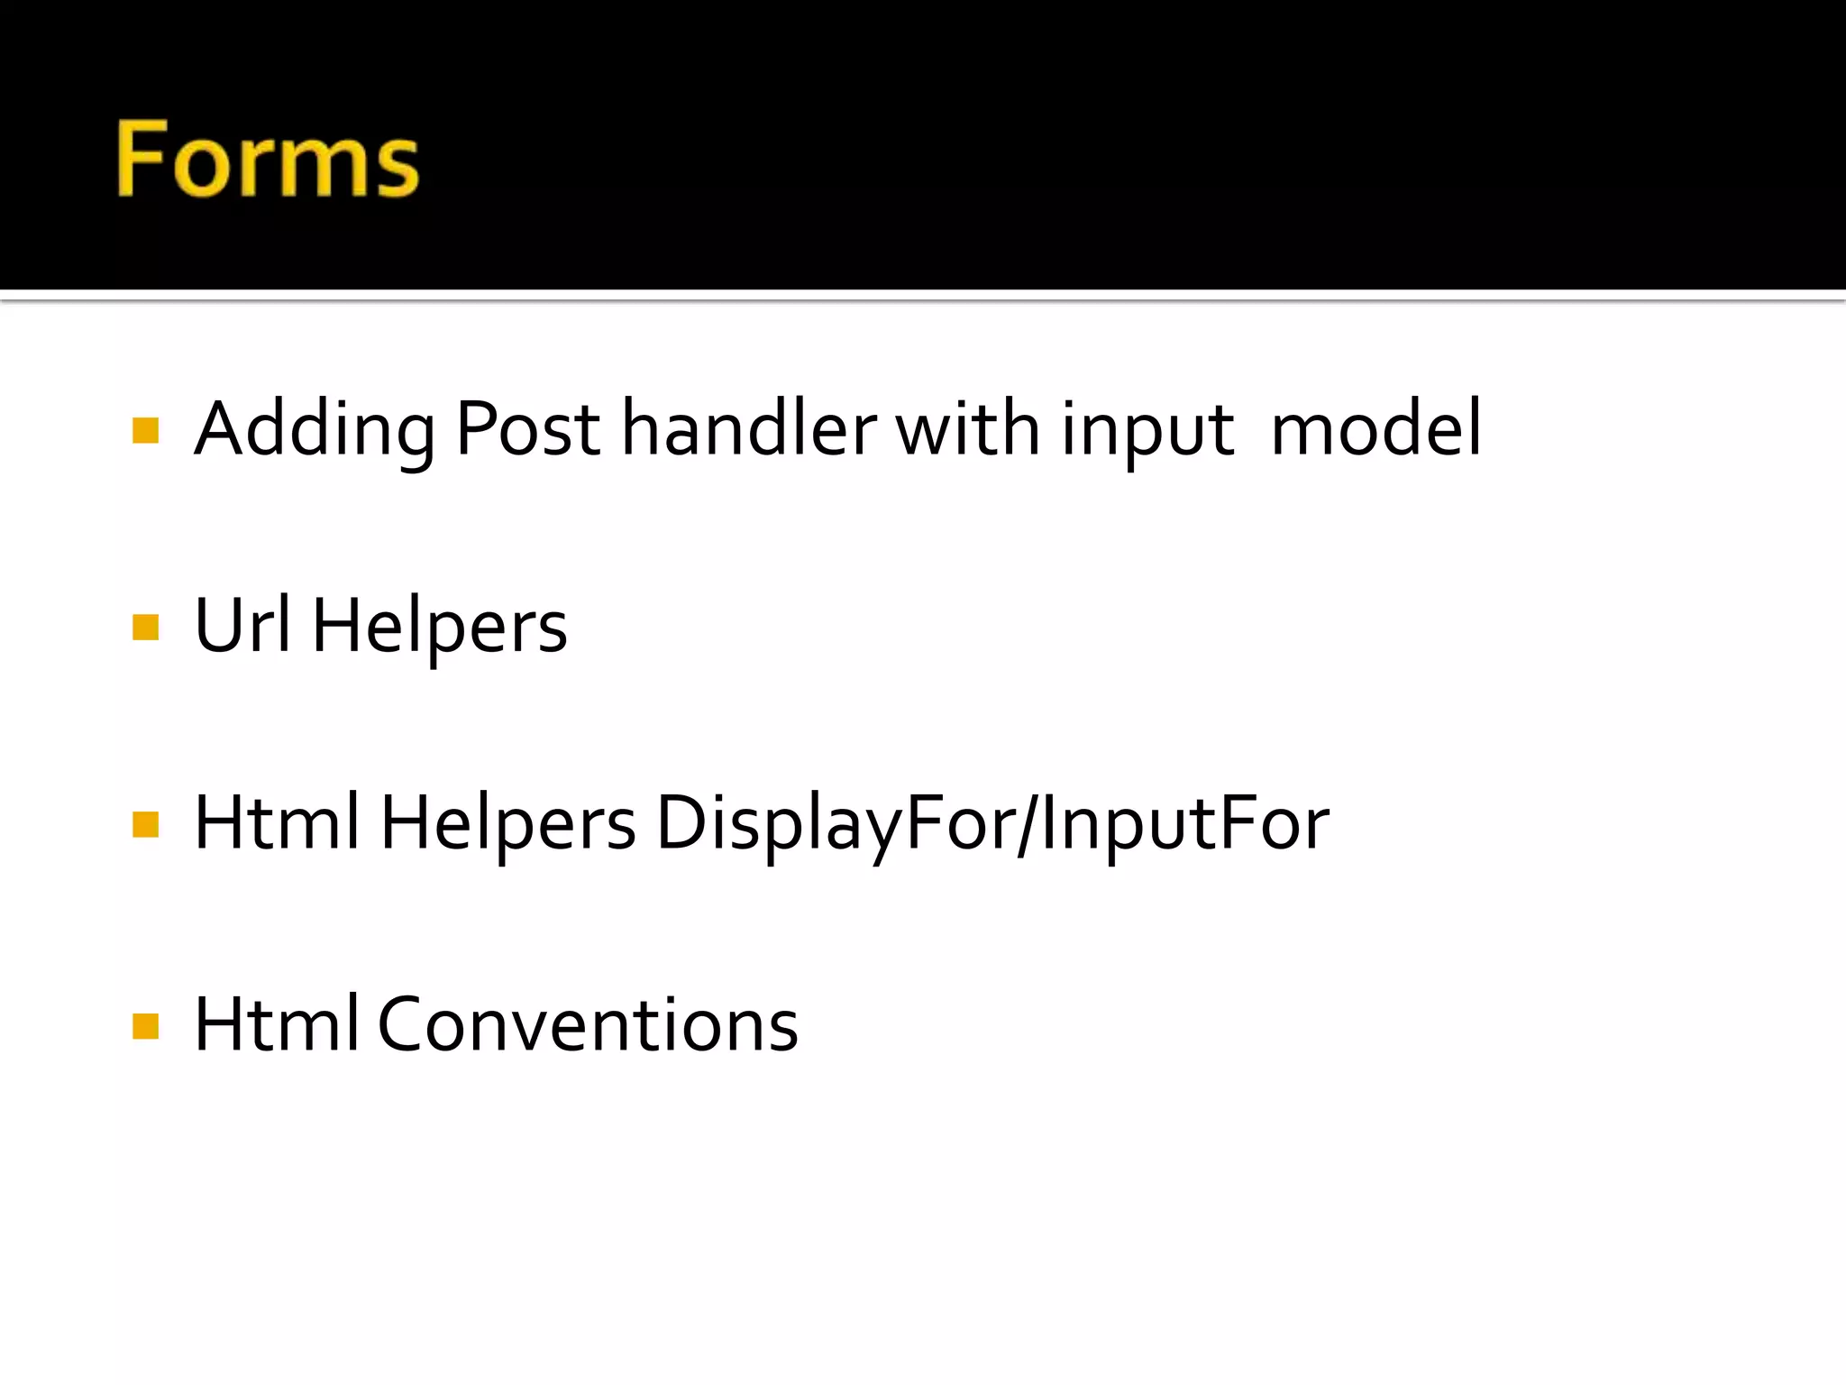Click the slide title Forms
tap(268, 160)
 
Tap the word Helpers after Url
tap(439, 627)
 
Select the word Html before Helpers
tap(277, 822)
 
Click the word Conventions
tap(588, 1025)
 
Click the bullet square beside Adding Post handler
tap(145, 430)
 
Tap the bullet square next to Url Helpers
tap(145, 627)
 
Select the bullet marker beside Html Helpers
tap(145, 824)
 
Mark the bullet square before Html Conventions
tap(145, 1025)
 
